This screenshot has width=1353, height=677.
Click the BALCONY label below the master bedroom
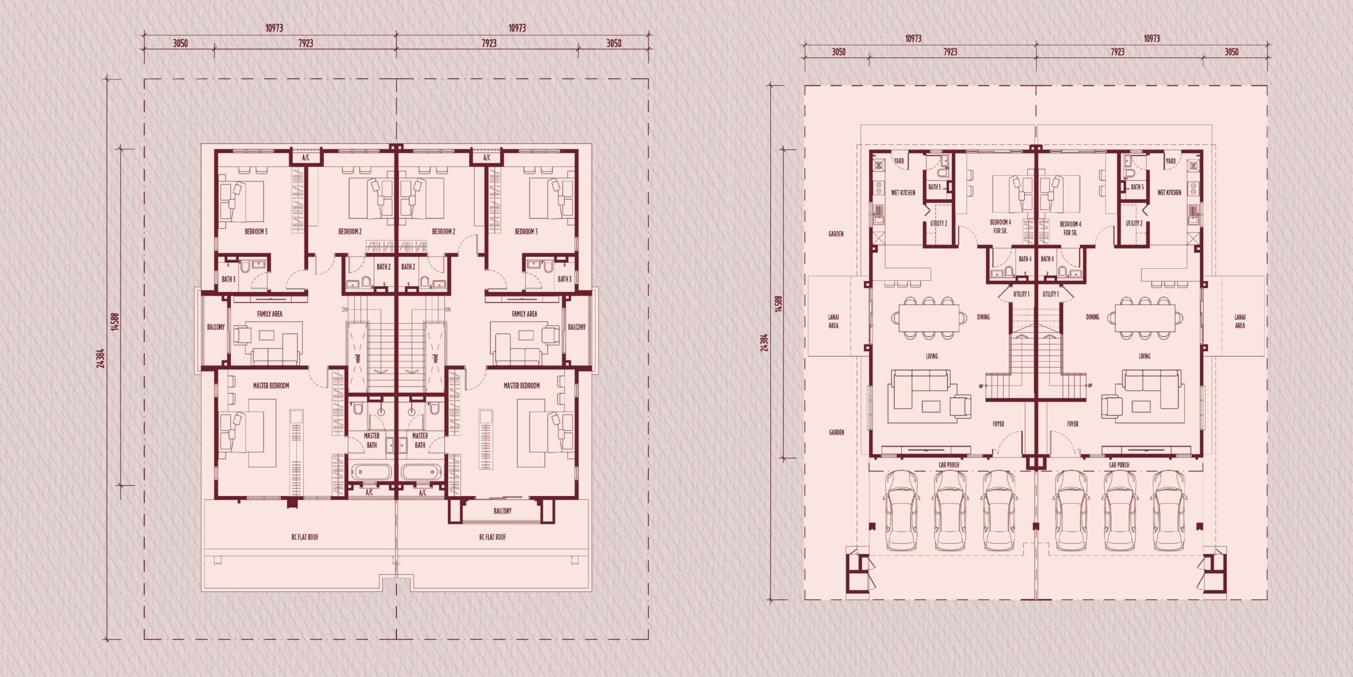click(x=502, y=511)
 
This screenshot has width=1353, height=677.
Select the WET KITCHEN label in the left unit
click(x=903, y=193)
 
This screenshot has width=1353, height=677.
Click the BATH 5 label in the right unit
click(x=1137, y=187)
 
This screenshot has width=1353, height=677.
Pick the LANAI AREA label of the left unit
click(x=833, y=321)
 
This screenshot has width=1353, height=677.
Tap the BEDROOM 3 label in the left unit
click(x=256, y=232)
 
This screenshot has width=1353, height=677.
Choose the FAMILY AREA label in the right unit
click(x=524, y=314)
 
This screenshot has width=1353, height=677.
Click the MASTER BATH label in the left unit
click(x=372, y=441)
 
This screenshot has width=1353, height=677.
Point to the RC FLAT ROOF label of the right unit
click(x=493, y=537)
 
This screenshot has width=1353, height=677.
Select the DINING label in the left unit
click(x=983, y=317)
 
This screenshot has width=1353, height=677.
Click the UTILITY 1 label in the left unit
click(x=1021, y=294)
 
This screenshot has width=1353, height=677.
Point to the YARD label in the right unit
click(x=1171, y=161)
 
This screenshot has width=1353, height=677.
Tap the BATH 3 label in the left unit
click(x=228, y=279)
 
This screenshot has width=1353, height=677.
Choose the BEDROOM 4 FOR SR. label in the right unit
click(x=1071, y=228)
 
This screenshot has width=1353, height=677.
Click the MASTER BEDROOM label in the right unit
click(x=522, y=386)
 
